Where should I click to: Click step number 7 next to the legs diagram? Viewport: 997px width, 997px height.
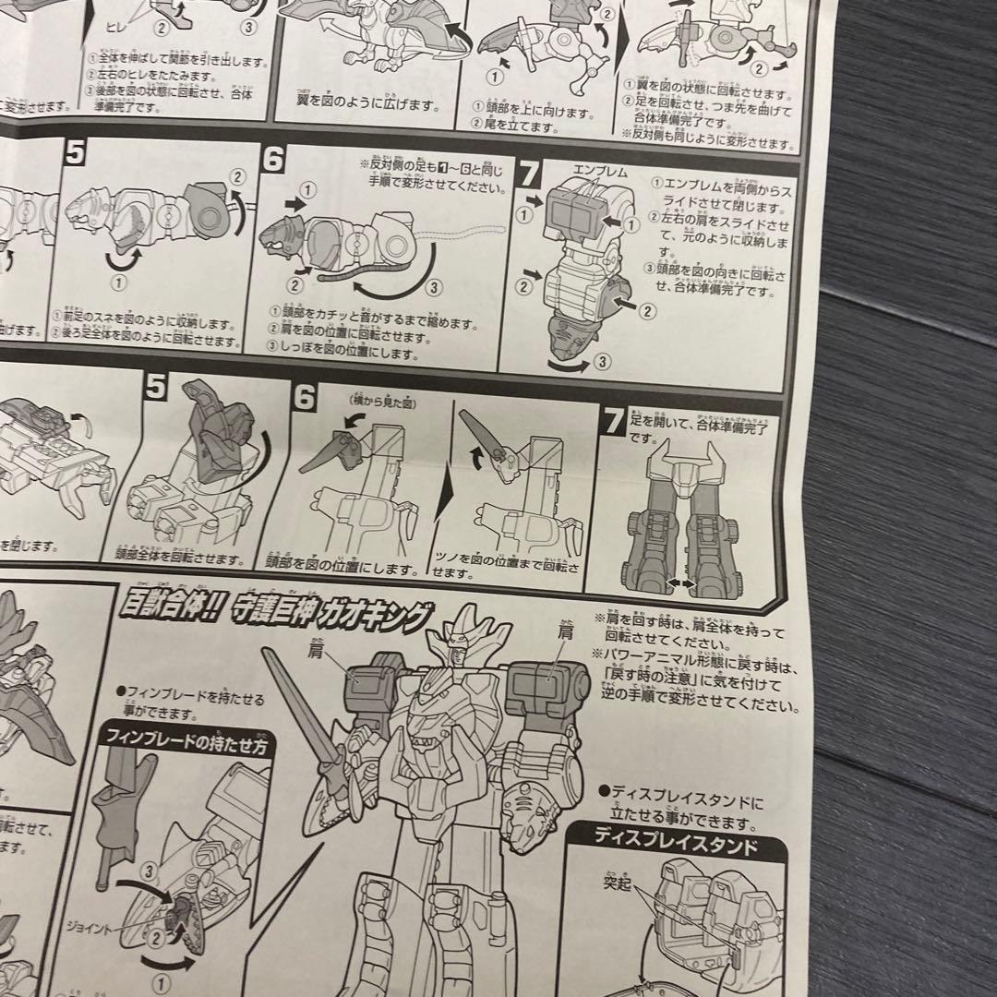(611, 422)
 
